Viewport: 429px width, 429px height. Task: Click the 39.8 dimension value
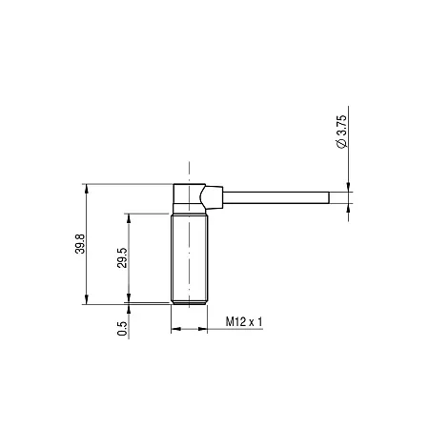pyautogui.click(x=80, y=244)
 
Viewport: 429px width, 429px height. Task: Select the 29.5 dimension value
pyautogui.click(x=122, y=257)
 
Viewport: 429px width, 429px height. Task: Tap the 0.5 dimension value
pyautogui.click(x=122, y=329)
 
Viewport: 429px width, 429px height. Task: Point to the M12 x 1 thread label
pyautogui.click(x=244, y=321)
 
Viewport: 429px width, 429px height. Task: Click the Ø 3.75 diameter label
pyautogui.click(x=342, y=132)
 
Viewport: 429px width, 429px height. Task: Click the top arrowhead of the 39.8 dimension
pyautogui.click(x=87, y=188)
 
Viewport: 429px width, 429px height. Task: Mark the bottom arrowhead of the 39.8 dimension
pyautogui.click(x=87, y=300)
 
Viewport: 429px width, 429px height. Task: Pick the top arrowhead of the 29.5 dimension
pyautogui.click(x=129, y=218)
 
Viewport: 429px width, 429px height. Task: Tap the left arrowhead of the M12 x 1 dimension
pyautogui.click(x=175, y=329)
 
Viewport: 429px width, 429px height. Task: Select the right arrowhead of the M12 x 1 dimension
pyautogui.click(x=203, y=329)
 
